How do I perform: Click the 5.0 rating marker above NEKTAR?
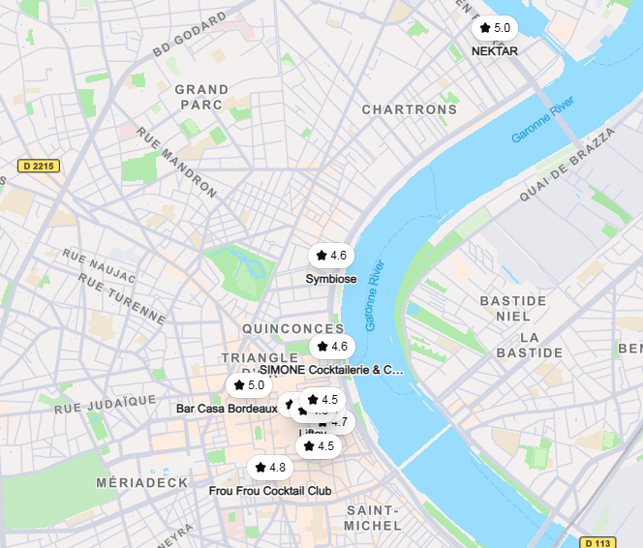pos(495,28)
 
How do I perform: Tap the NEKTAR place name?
pos(495,51)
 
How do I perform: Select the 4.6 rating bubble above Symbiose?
pos(331,256)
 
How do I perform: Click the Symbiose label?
pos(331,279)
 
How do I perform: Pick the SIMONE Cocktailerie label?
pos(332,369)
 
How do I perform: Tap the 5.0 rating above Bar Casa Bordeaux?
pos(249,385)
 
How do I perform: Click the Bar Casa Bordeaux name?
pos(220,409)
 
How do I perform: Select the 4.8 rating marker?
pos(270,468)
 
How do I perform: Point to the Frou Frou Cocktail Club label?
pos(270,491)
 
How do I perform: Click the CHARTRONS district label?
pos(410,109)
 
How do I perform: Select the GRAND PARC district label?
pos(201,97)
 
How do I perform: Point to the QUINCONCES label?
pos(293,329)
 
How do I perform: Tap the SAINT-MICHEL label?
pos(373,518)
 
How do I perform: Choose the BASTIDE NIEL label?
pos(513,308)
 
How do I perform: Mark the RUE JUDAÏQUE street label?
pos(106,404)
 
